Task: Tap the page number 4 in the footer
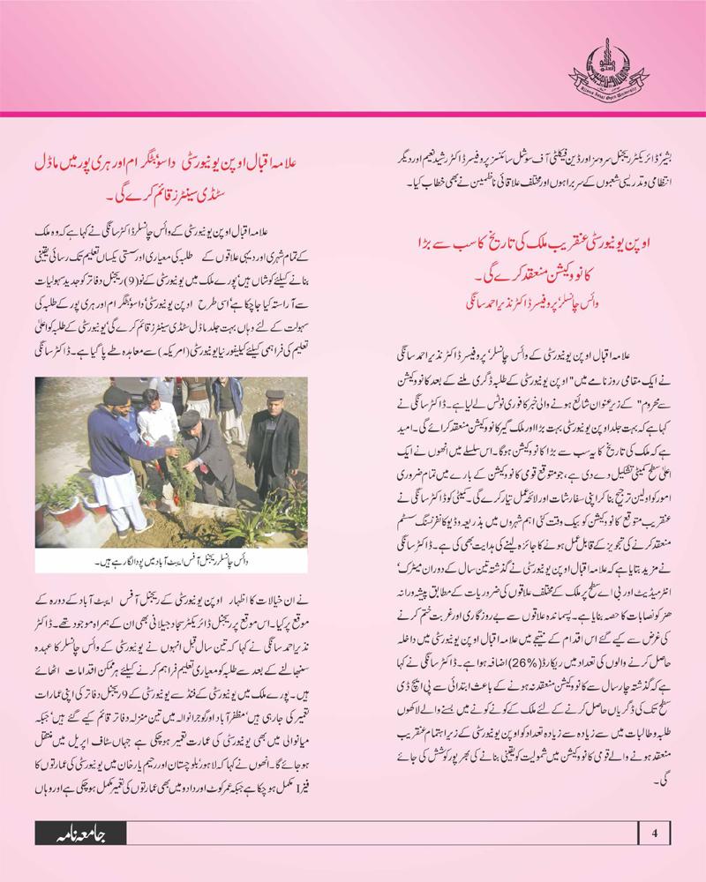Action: click(x=654, y=832)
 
